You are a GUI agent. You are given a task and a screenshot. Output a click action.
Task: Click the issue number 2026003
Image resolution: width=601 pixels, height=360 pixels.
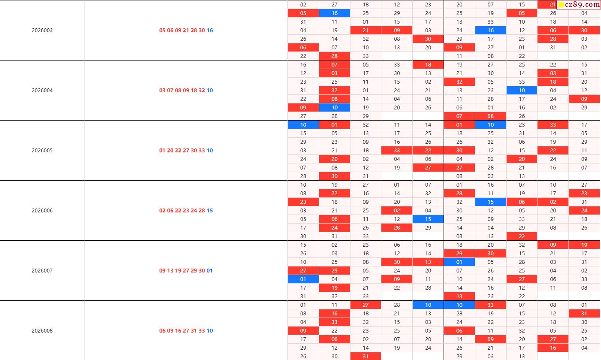pyautogui.click(x=42, y=30)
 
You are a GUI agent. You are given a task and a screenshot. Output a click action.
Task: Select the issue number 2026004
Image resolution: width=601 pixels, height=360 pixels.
pyautogui.click(x=42, y=91)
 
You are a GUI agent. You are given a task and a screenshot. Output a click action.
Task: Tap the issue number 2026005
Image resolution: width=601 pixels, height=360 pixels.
pyautogui.click(x=42, y=151)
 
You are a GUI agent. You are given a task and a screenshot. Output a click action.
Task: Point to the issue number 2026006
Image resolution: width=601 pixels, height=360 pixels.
pyautogui.click(x=42, y=211)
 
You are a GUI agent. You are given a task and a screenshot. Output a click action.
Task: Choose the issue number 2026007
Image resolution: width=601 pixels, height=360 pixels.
pyautogui.click(x=42, y=271)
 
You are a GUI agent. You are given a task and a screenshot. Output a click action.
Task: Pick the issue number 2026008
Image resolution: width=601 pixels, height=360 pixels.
pyautogui.click(x=42, y=331)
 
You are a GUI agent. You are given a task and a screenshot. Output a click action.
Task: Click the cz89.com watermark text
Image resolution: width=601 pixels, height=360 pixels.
pyautogui.click(x=583, y=5)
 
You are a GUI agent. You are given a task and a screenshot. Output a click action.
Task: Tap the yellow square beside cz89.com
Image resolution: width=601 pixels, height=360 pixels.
pyautogui.click(x=561, y=5)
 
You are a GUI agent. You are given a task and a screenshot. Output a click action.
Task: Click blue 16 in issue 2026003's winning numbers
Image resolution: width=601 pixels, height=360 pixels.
pyautogui.click(x=210, y=30)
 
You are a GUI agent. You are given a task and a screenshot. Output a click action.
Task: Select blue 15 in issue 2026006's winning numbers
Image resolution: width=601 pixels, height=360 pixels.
pyautogui.click(x=210, y=211)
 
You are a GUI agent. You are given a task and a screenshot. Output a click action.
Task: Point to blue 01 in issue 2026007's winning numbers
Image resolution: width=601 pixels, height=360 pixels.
pyautogui.click(x=210, y=271)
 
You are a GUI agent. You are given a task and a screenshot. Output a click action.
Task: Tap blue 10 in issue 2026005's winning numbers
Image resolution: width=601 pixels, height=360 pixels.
pyautogui.click(x=210, y=151)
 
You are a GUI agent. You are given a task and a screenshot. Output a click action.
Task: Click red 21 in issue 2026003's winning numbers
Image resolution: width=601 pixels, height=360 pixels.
pyautogui.click(x=186, y=30)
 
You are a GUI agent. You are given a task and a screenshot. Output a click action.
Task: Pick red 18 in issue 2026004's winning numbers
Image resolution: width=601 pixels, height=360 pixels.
pyautogui.click(x=194, y=91)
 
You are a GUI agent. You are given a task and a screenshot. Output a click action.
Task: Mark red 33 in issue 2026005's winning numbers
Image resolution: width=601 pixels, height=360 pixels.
pyautogui.click(x=202, y=151)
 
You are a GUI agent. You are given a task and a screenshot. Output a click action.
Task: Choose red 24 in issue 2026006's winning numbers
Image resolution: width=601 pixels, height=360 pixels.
pyautogui.click(x=194, y=211)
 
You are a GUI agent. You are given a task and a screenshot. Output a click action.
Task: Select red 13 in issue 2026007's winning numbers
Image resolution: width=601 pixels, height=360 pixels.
pyautogui.click(x=170, y=271)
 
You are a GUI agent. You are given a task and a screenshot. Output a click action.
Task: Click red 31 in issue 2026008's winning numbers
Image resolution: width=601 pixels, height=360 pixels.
pyautogui.click(x=194, y=331)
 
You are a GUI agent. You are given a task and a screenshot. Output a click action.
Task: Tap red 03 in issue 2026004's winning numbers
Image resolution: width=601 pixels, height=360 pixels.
pyautogui.click(x=162, y=91)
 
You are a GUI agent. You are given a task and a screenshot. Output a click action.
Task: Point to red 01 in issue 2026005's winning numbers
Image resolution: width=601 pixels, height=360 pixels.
pyautogui.click(x=162, y=151)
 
